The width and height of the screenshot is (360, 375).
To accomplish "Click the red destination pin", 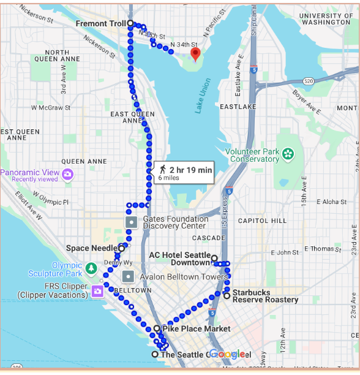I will [195, 53].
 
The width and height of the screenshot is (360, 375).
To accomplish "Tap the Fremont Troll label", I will [100, 23].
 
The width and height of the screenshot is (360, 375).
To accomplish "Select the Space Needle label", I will [91, 248].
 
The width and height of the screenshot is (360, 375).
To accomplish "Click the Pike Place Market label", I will [196, 329].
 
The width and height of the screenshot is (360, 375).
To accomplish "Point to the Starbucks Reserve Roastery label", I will [265, 296].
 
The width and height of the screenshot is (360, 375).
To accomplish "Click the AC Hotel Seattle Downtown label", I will [180, 259].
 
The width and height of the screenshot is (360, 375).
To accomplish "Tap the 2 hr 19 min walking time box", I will [184, 172].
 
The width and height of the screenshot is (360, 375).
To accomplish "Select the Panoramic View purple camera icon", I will [67, 175].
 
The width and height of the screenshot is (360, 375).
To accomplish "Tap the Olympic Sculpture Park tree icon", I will [91, 268].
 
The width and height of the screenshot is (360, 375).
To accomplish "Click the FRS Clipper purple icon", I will [97, 290].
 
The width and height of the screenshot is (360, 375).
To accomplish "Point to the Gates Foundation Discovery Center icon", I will [131, 222].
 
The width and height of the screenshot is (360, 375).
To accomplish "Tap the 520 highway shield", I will [308, 81].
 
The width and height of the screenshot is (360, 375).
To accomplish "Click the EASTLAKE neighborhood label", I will [238, 107].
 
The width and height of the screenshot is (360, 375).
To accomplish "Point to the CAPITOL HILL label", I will [262, 221].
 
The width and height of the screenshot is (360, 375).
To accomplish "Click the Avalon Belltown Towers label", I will [184, 277].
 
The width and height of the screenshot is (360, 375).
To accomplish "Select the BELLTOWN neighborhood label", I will [132, 290].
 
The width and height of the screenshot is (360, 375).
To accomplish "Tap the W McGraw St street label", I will [51, 108].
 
